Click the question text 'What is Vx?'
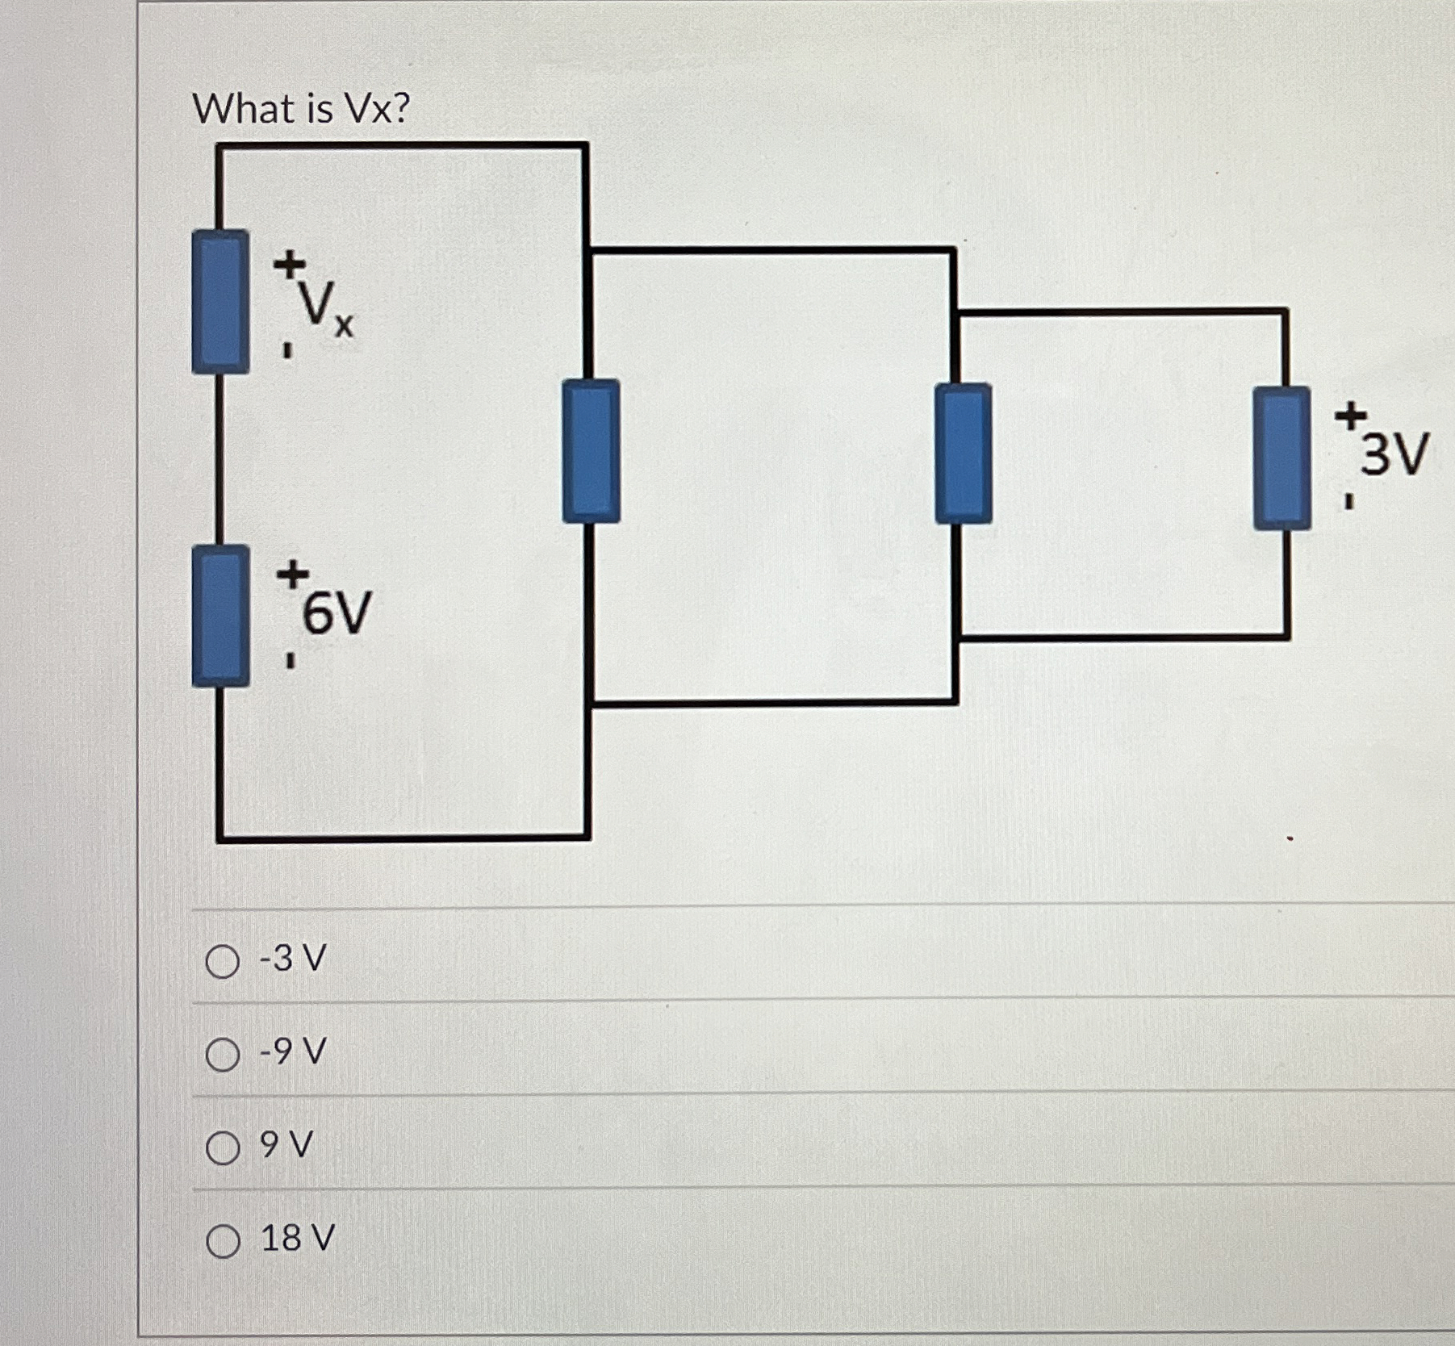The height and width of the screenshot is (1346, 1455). pyautogui.click(x=302, y=109)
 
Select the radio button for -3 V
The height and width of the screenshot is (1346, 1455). pyautogui.click(x=222, y=961)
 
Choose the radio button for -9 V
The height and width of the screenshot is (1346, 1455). pyautogui.click(x=222, y=1055)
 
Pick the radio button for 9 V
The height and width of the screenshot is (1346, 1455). pyautogui.click(x=222, y=1147)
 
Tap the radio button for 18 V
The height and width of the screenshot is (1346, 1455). pyautogui.click(x=223, y=1241)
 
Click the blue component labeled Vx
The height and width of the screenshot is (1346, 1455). pyautogui.click(x=220, y=302)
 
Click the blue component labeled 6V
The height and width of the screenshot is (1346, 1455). pyautogui.click(x=220, y=616)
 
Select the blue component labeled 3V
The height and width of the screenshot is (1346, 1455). pyautogui.click(x=1281, y=458)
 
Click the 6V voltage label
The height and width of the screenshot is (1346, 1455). pyautogui.click(x=337, y=613)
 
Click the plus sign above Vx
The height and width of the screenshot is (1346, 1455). pyautogui.click(x=289, y=262)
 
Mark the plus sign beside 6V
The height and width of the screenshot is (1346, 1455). pyautogui.click(x=292, y=575)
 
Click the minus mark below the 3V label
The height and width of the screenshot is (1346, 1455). pyautogui.click(x=1348, y=502)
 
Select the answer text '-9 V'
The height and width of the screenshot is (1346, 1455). pyautogui.click(x=292, y=1052)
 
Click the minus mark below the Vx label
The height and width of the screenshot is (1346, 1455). pyautogui.click(x=286, y=351)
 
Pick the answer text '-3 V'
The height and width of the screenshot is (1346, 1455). pyautogui.click(x=292, y=959)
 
